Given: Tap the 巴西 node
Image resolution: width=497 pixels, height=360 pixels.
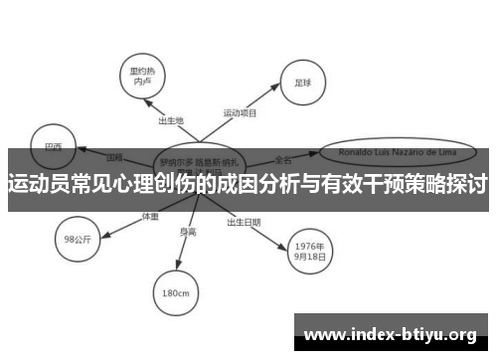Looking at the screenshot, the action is click(54, 146).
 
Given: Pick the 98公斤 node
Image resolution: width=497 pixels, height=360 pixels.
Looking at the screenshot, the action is click(78, 239).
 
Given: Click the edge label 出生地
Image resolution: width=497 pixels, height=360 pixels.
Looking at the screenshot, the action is click(171, 120).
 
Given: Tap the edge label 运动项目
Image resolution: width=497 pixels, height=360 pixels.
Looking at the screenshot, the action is click(240, 112).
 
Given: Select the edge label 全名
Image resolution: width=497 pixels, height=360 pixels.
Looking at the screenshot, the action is click(283, 159).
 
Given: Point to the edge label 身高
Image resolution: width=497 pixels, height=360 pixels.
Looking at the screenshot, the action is click(188, 233).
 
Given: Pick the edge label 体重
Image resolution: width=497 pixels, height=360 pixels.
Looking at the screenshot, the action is click(150, 216).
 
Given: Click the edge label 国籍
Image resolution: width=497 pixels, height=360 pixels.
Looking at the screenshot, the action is click(114, 157).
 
